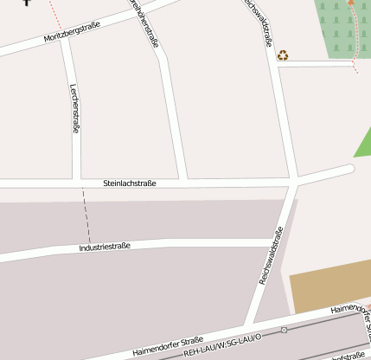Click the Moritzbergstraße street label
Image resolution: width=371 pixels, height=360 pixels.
point(71,33)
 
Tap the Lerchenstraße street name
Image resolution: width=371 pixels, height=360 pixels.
point(75,107)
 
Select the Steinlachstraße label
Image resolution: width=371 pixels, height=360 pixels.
point(130,183)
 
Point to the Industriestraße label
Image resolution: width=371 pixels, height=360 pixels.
point(105,247)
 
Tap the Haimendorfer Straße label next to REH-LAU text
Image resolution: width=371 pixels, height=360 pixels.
point(169,345)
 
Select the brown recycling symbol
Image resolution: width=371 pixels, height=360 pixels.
point(283,55)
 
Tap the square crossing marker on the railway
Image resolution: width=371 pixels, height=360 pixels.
point(284,330)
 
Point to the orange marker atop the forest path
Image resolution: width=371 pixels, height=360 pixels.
point(350,3)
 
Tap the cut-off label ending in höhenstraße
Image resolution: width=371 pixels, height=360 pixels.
point(144,22)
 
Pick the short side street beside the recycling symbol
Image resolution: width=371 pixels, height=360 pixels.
point(316,63)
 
